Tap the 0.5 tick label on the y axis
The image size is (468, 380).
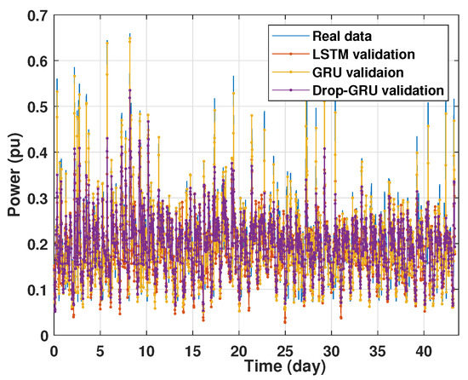[x=36, y=107]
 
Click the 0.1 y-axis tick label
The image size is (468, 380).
[x=36, y=290]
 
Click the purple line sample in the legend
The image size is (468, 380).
[x=284, y=89]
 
